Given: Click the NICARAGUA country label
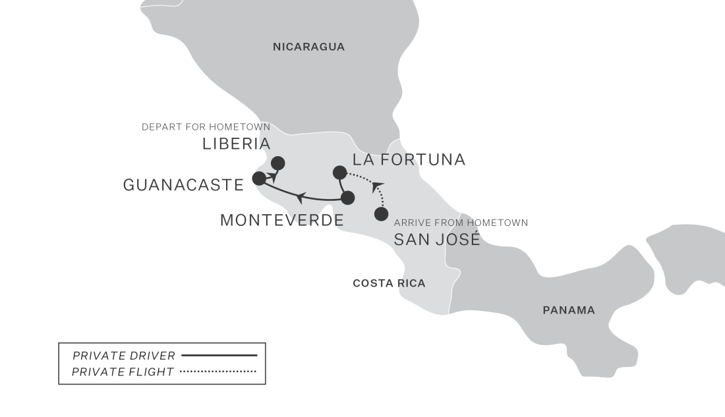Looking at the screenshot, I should pyautogui.click(x=309, y=47).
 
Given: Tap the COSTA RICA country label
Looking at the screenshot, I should pyautogui.click(x=389, y=283).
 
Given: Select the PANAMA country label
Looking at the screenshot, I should pyautogui.click(x=568, y=310).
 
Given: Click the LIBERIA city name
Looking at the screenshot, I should pyautogui.click(x=236, y=144).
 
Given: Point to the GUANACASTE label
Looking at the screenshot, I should pyautogui.click(x=183, y=185).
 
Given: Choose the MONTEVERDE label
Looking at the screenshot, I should pyautogui.click(x=281, y=220).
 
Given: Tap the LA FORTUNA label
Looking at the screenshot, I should pyautogui.click(x=409, y=159).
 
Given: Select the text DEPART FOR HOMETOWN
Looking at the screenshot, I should pyautogui.click(x=206, y=126).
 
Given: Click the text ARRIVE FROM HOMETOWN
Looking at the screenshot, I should pyautogui.click(x=461, y=223).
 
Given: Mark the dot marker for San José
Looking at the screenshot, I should pyautogui.click(x=381, y=213).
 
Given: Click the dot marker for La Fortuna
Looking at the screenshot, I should pyautogui.click(x=339, y=173).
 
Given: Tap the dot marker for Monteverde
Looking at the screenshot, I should pyautogui.click(x=348, y=197).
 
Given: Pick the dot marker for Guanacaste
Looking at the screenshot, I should pyautogui.click(x=259, y=178).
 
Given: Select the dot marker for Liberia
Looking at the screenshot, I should pyautogui.click(x=278, y=163).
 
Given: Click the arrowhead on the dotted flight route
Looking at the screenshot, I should pyautogui.click(x=378, y=186).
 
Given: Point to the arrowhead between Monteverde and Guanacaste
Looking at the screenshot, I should pyautogui.click(x=300, y=196).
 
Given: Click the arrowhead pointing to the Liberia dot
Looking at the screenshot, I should pyautogui.click(x=272, y=175).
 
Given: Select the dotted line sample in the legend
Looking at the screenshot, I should pyautogui.click(x=217, y=372).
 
